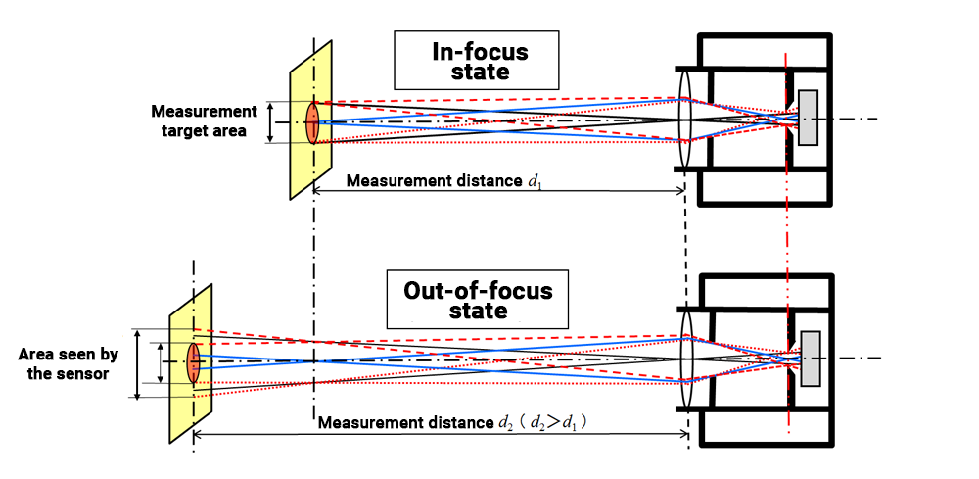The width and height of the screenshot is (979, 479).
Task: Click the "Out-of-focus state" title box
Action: [x=477, y=301]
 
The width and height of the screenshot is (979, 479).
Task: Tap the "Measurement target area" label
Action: [x=205, y=121]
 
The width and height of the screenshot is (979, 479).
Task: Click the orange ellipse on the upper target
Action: [x=312, y=122]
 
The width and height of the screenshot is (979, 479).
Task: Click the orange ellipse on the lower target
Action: [x=193, y=361]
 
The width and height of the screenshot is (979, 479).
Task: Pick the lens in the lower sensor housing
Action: [x=685, y=359]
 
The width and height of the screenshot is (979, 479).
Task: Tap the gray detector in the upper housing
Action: [x=809, y=119]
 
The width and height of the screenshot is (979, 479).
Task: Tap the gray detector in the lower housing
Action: [x=811, y=358]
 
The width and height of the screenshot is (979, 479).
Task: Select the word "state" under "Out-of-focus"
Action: [x=478, y=311]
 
